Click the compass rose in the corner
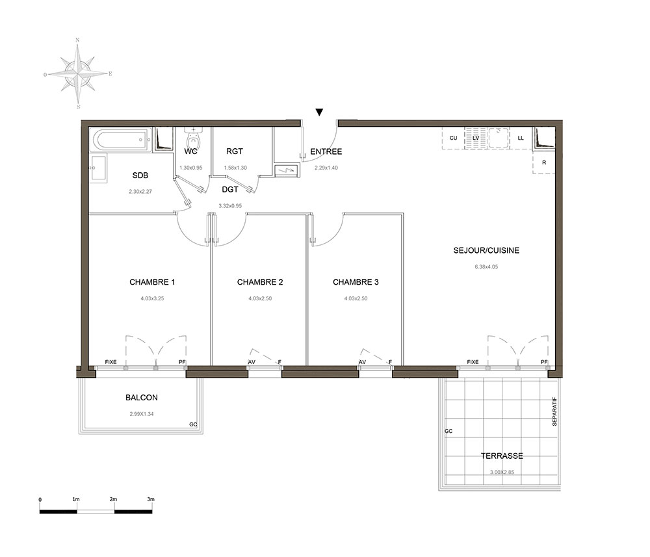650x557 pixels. pos(78,74)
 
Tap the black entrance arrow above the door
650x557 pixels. pos(318,112)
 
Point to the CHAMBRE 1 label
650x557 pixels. pos(152,282)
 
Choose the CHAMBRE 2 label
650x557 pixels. pos(260,282)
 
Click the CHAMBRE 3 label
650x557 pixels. pos(356,282)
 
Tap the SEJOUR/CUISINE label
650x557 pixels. pos(486,250)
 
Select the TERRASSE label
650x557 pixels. pos(502,456)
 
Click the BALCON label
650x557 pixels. pos(141,398)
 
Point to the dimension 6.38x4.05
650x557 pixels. pos(486,266)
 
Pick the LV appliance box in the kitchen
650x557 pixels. pos(476,138)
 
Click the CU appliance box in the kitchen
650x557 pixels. pos(454,138)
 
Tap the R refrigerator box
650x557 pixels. pos(544,162)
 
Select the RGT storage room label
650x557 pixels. pos(235,151)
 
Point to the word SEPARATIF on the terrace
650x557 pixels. pos(554,411)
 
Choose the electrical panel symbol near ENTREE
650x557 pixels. pos(286,170)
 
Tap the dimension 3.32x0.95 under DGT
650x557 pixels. pos(230,205)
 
